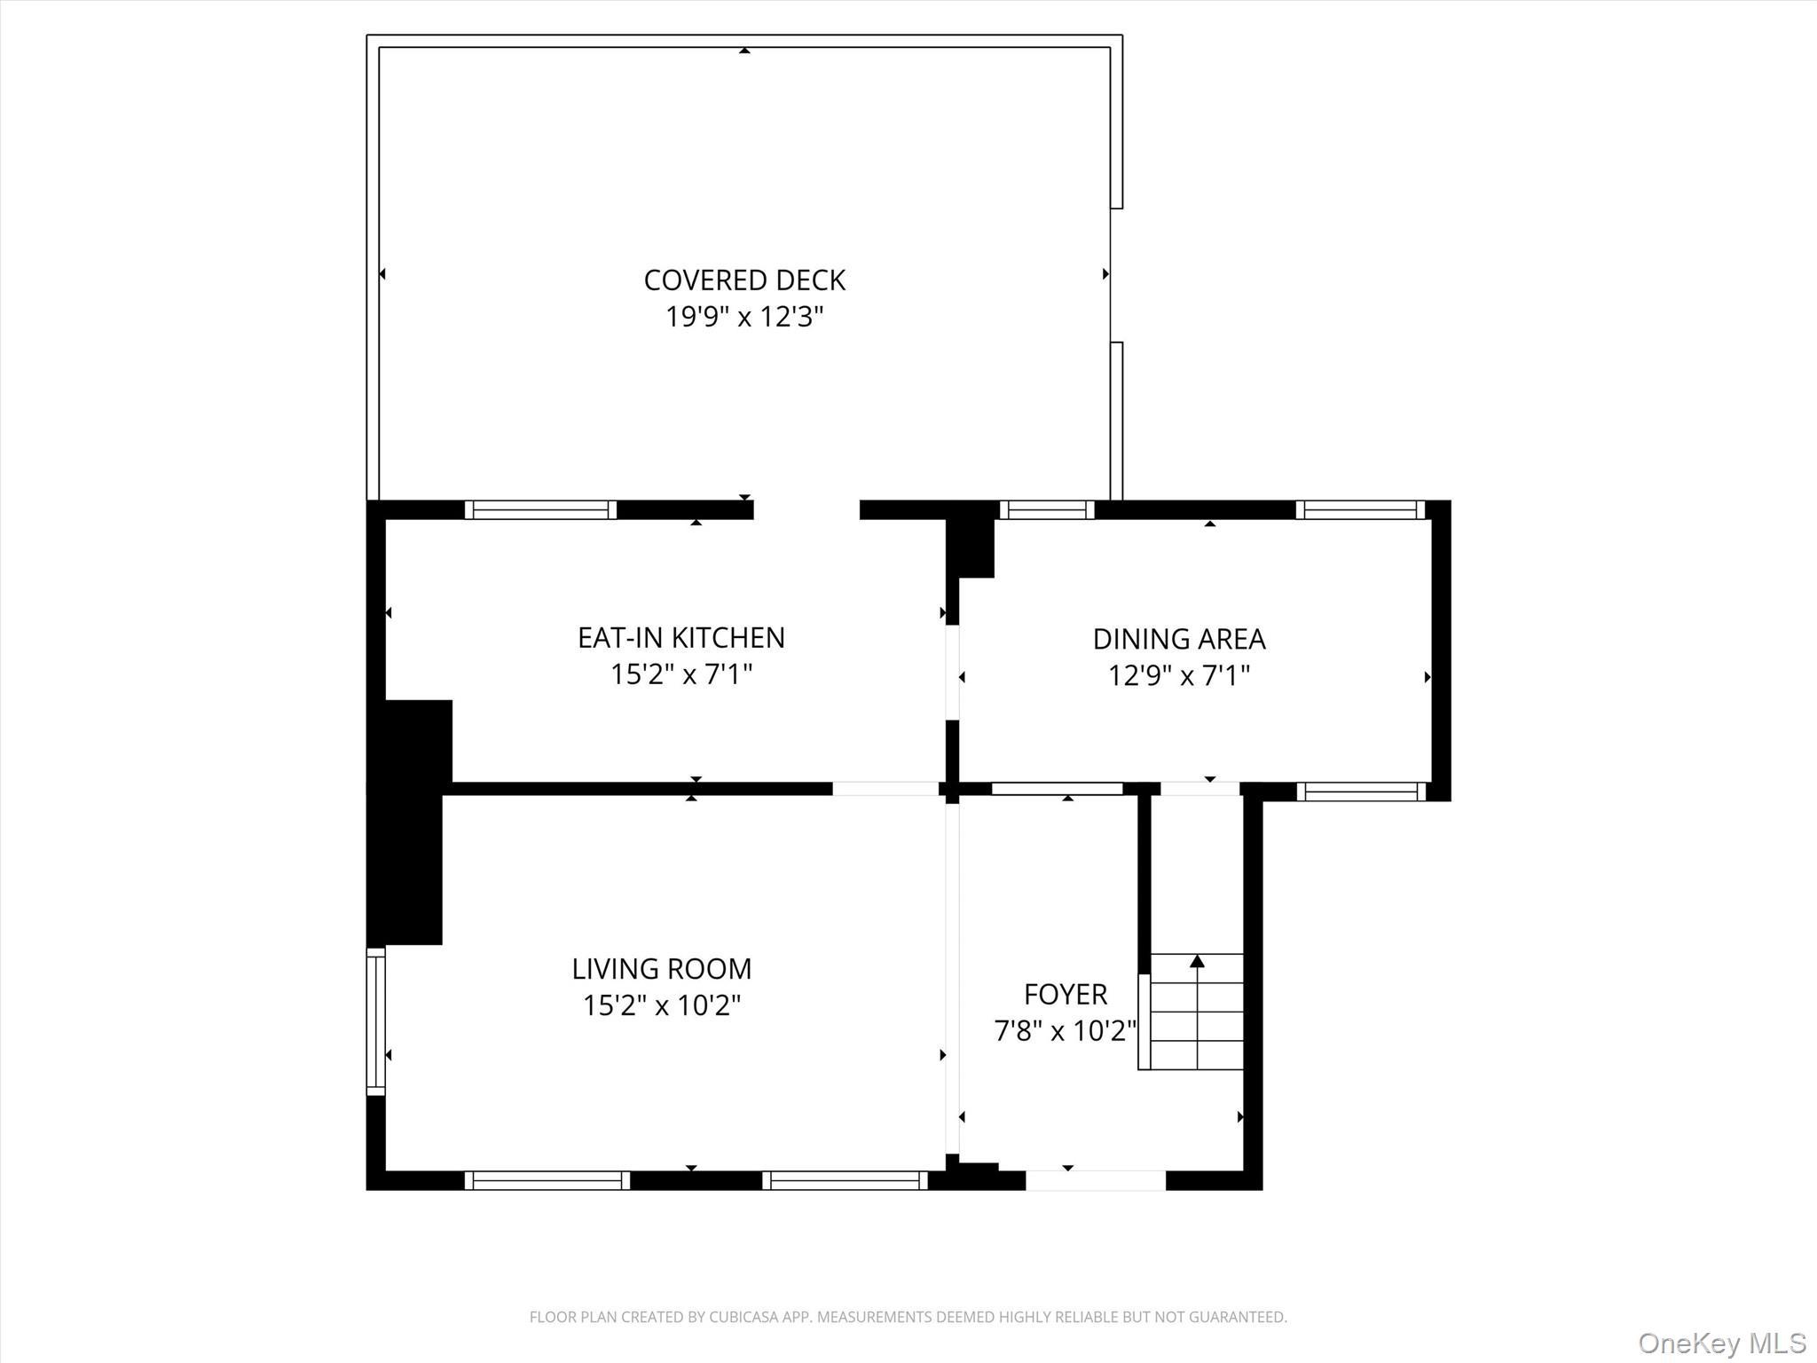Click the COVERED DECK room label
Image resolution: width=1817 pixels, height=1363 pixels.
pos(744,280)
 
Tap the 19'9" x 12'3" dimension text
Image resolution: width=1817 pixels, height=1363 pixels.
pos(744,317)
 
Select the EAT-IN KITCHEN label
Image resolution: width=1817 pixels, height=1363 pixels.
pos(680,638)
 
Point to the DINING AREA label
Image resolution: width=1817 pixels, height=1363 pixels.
pos(1178,639)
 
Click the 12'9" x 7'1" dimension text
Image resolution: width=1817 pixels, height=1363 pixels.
pos(1178,676)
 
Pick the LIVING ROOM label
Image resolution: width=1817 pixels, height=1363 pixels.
pos(661,968)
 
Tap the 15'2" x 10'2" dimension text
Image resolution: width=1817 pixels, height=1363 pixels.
pos(661,1005)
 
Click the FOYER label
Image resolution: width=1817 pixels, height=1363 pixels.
pos(1065,994)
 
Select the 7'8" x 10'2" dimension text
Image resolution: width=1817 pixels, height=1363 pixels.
pos(1065,1031)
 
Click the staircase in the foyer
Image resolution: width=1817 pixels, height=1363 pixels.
pos(1196,1012)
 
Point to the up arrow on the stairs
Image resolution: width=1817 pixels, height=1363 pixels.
pos(1197,961)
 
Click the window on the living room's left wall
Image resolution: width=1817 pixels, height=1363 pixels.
pos(376,1020)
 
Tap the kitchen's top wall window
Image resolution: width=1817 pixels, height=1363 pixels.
pos(540,510)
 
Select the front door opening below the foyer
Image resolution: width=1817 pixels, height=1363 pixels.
pos(1096,1180)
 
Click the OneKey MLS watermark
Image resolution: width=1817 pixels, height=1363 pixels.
pos(1721,1343)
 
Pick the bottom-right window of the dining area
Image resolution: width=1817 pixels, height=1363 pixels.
pos(1360,792)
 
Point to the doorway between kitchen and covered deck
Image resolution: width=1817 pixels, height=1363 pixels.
pos(806,510)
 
